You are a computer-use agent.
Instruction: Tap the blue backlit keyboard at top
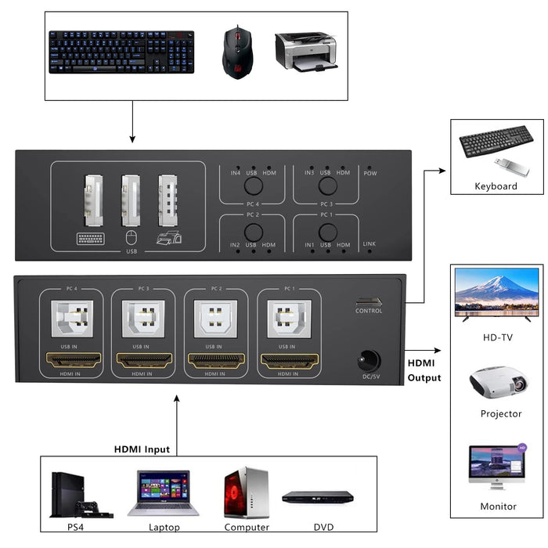click(x=121, y=52)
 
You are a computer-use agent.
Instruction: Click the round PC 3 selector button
click(x=328, y=186)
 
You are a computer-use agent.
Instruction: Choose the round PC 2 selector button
click(x=253, y=232)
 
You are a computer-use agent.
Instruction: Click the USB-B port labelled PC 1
click(x=289, y=319)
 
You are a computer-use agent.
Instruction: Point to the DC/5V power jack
click(x=369, y=361)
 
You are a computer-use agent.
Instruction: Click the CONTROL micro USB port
click(x=369, y=301)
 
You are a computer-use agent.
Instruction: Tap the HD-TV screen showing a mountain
click(x=496, y=293)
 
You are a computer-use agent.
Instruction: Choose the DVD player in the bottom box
click(x=317, y=498)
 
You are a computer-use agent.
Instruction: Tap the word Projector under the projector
click(x=500, y=414)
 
